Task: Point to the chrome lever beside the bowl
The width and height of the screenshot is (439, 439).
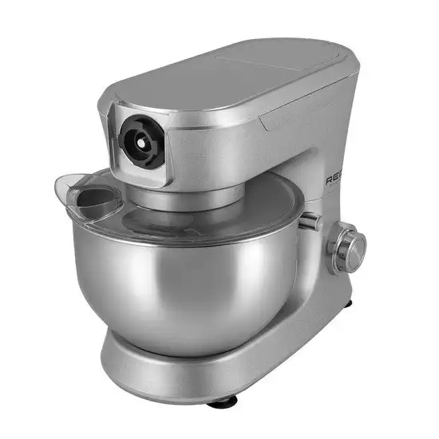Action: (311, 222)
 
